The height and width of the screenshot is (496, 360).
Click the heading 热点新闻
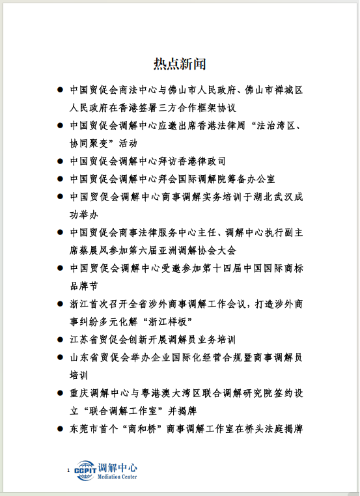pos(180,64)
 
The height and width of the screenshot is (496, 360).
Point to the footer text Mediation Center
pos(118,477)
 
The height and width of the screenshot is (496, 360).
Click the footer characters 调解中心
pos(118,467)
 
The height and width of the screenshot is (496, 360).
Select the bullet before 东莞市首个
pos(60,428)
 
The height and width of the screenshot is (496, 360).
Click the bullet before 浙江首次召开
pos(60,303)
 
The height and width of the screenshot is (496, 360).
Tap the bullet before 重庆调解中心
pos(60,393)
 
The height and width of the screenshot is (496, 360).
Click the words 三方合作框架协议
pos(188,107)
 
